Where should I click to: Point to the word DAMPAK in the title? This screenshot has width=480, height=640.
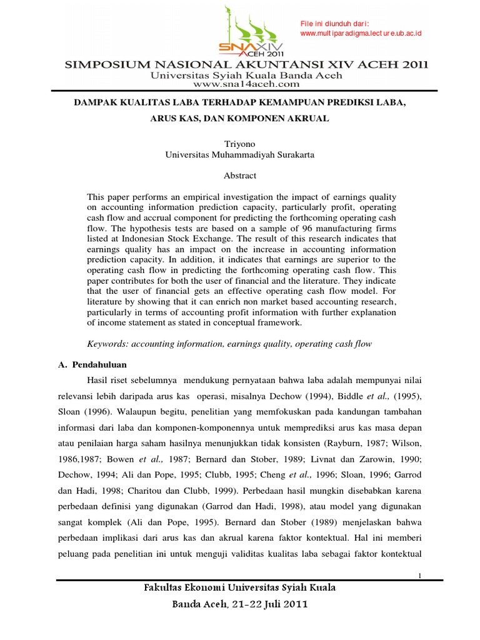point(97,101)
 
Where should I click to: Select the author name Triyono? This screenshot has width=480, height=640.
point(239,143)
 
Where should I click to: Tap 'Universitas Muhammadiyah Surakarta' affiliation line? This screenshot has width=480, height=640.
point(240,154)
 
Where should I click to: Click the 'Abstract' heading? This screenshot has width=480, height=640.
point(240,176)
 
